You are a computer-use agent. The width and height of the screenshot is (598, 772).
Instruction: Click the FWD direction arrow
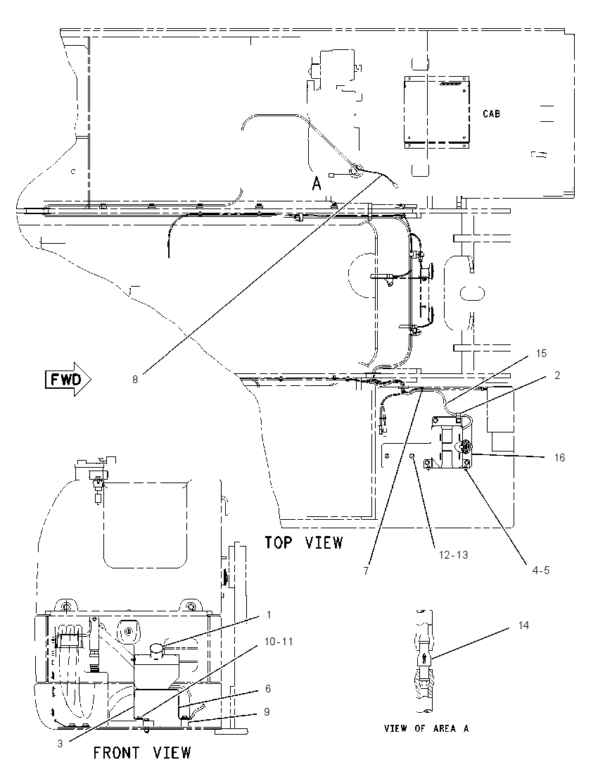[x=68, y=380]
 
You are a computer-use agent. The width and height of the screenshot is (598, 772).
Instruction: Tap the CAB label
[x=491, y=113]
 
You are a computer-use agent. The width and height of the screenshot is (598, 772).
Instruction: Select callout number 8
[x=135, y=380]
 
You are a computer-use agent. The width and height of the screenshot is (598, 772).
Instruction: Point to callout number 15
[x=541, y=354]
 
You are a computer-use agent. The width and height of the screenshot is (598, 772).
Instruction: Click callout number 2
[x=556, y=375]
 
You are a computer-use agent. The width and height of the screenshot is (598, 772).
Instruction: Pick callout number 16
[x=559, y=457]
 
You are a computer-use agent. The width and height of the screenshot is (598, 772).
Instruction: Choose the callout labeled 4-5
[x=540, y=570]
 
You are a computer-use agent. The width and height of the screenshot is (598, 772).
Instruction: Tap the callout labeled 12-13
[x=453, y=555]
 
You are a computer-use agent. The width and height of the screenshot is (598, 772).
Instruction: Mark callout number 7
[x=366, y=571]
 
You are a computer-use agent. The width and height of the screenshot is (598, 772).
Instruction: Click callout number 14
[x=523, y=625]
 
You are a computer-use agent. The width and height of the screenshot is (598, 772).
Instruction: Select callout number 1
[x=269, y=614]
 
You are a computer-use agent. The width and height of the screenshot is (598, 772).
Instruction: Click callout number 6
[x=268, y=688]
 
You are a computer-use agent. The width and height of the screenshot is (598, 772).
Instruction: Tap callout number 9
[x=267, y=712]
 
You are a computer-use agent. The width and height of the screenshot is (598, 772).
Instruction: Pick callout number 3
[x=60, y=743]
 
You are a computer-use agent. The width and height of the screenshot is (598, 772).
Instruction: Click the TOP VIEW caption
[x=303, y=542]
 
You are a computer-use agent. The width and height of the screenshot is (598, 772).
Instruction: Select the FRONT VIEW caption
[x=142, y=753]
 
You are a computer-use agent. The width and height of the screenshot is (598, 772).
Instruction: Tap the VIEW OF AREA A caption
[x=426, y=728]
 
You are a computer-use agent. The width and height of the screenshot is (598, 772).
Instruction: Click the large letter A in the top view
[x=317, y=184]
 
